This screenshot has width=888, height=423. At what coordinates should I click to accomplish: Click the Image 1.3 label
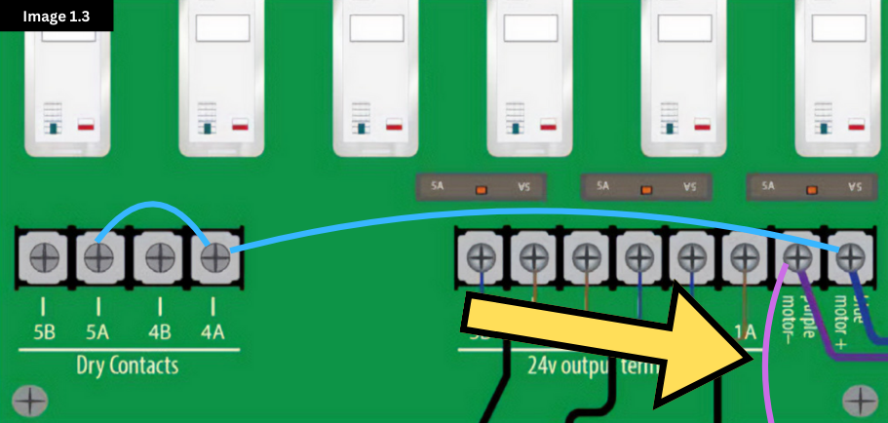pos(56,15)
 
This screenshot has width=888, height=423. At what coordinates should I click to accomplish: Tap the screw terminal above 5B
pos(45,257)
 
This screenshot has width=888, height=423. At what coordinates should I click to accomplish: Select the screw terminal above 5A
pos(98,257)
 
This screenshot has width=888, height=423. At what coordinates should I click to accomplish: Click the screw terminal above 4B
pos(159,257)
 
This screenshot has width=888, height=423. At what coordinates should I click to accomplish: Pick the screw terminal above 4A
pos(212,257)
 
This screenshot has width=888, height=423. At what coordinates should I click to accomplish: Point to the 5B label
pos(44,331)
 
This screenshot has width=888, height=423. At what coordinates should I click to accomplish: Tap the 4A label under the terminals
pos(212,331)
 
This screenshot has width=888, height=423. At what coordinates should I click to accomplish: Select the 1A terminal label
pos(746,332)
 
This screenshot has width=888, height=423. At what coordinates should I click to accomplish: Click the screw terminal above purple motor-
pos(798,257)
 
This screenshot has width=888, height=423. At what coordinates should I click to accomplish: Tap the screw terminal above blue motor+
pos(851,257)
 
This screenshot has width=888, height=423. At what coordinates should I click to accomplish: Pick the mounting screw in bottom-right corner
pos(859,400)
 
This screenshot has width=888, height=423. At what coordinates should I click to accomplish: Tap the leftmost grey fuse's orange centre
pos(481,188)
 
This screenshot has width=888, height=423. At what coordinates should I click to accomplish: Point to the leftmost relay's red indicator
pos(86,126)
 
